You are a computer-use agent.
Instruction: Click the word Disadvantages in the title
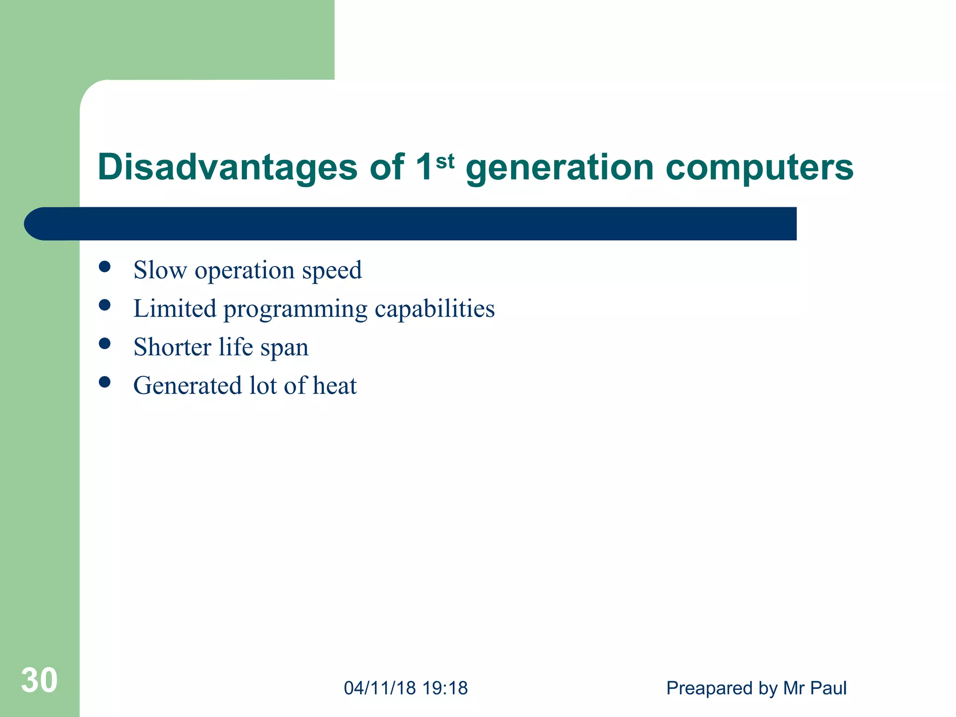(x=227, y=168)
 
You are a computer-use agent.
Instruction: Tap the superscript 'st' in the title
(x=444, y=162)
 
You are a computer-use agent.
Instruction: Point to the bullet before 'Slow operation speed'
(x=105, y=267)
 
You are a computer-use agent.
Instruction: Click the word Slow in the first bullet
(x=160, y=270)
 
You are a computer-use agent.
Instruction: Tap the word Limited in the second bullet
(x=175, y=309)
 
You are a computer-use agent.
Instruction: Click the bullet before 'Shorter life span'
(x=105, y=344)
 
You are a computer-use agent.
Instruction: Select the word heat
(x=334, y=386)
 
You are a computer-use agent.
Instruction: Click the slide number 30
(x=39, y=680)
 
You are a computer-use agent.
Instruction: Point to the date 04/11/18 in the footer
(x=380, y=688)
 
